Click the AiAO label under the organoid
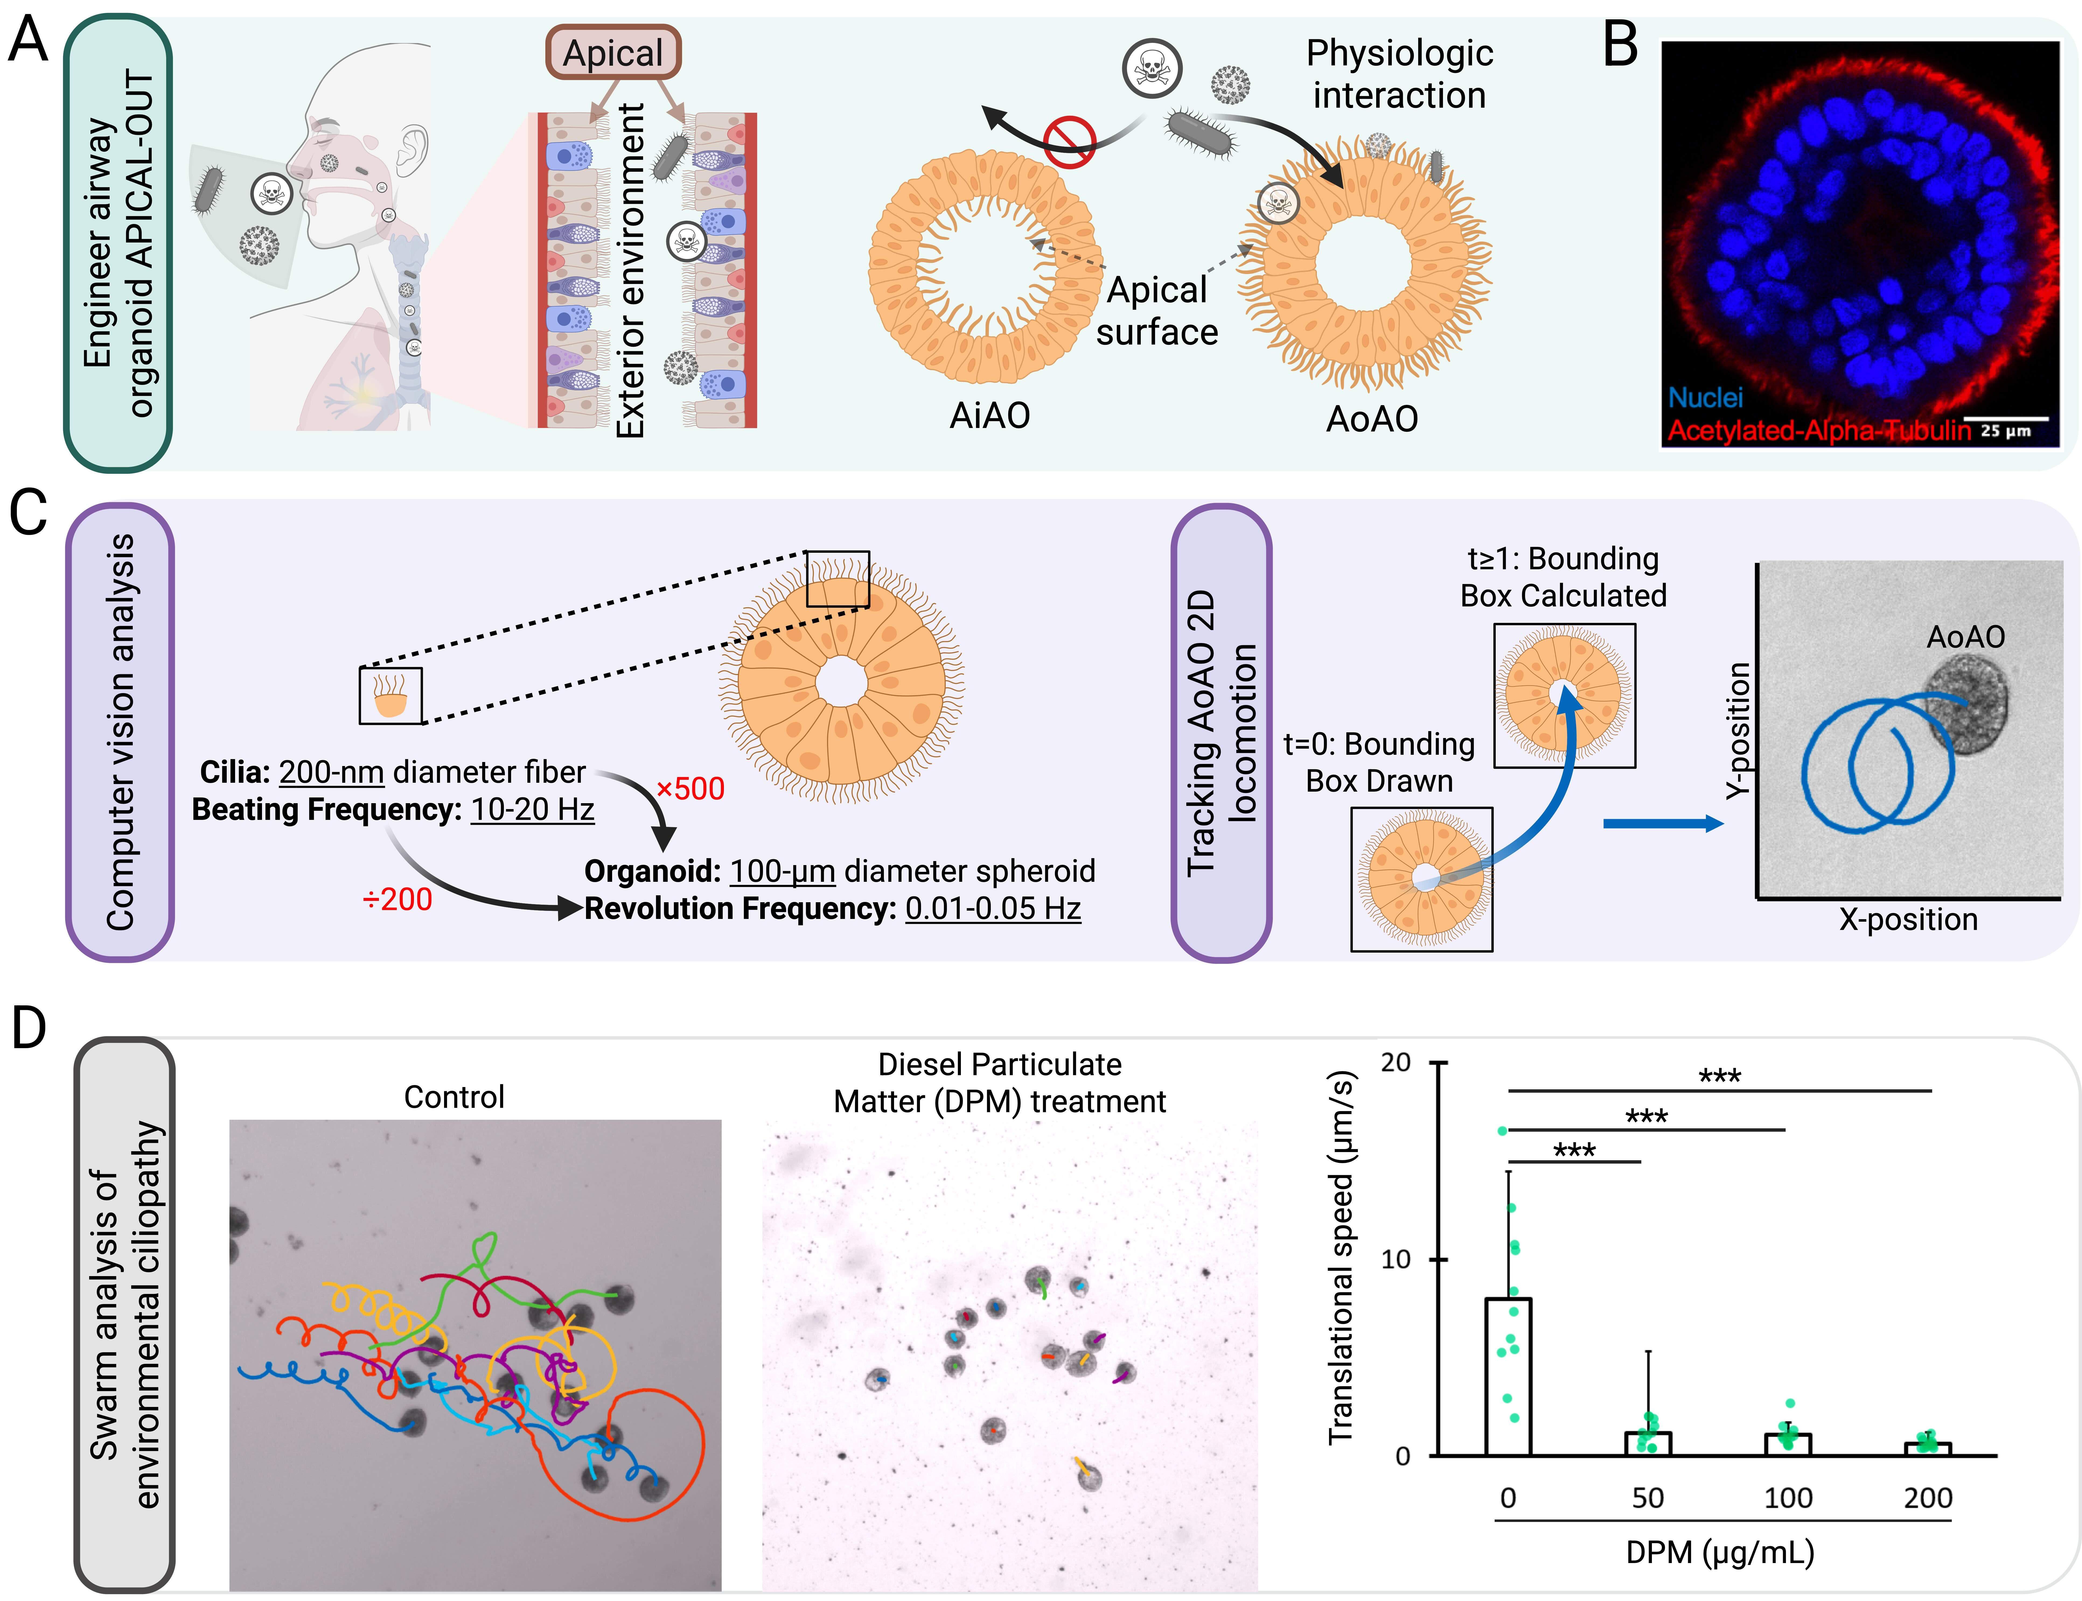pyautogui.click(x=989, y=416)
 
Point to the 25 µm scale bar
pyautogui.click(x=2007, y=419)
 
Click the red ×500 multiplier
pyautogui.click(x=690, y=789)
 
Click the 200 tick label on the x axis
pyautogui.click(x=1928, y=1498)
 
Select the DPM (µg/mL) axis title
pyautogui.click(x=1720, y=1553)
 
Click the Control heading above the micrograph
pyautogui.click(x=454, y=1097)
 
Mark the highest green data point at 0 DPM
pyautogui.click(x=1502, y=1131)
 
